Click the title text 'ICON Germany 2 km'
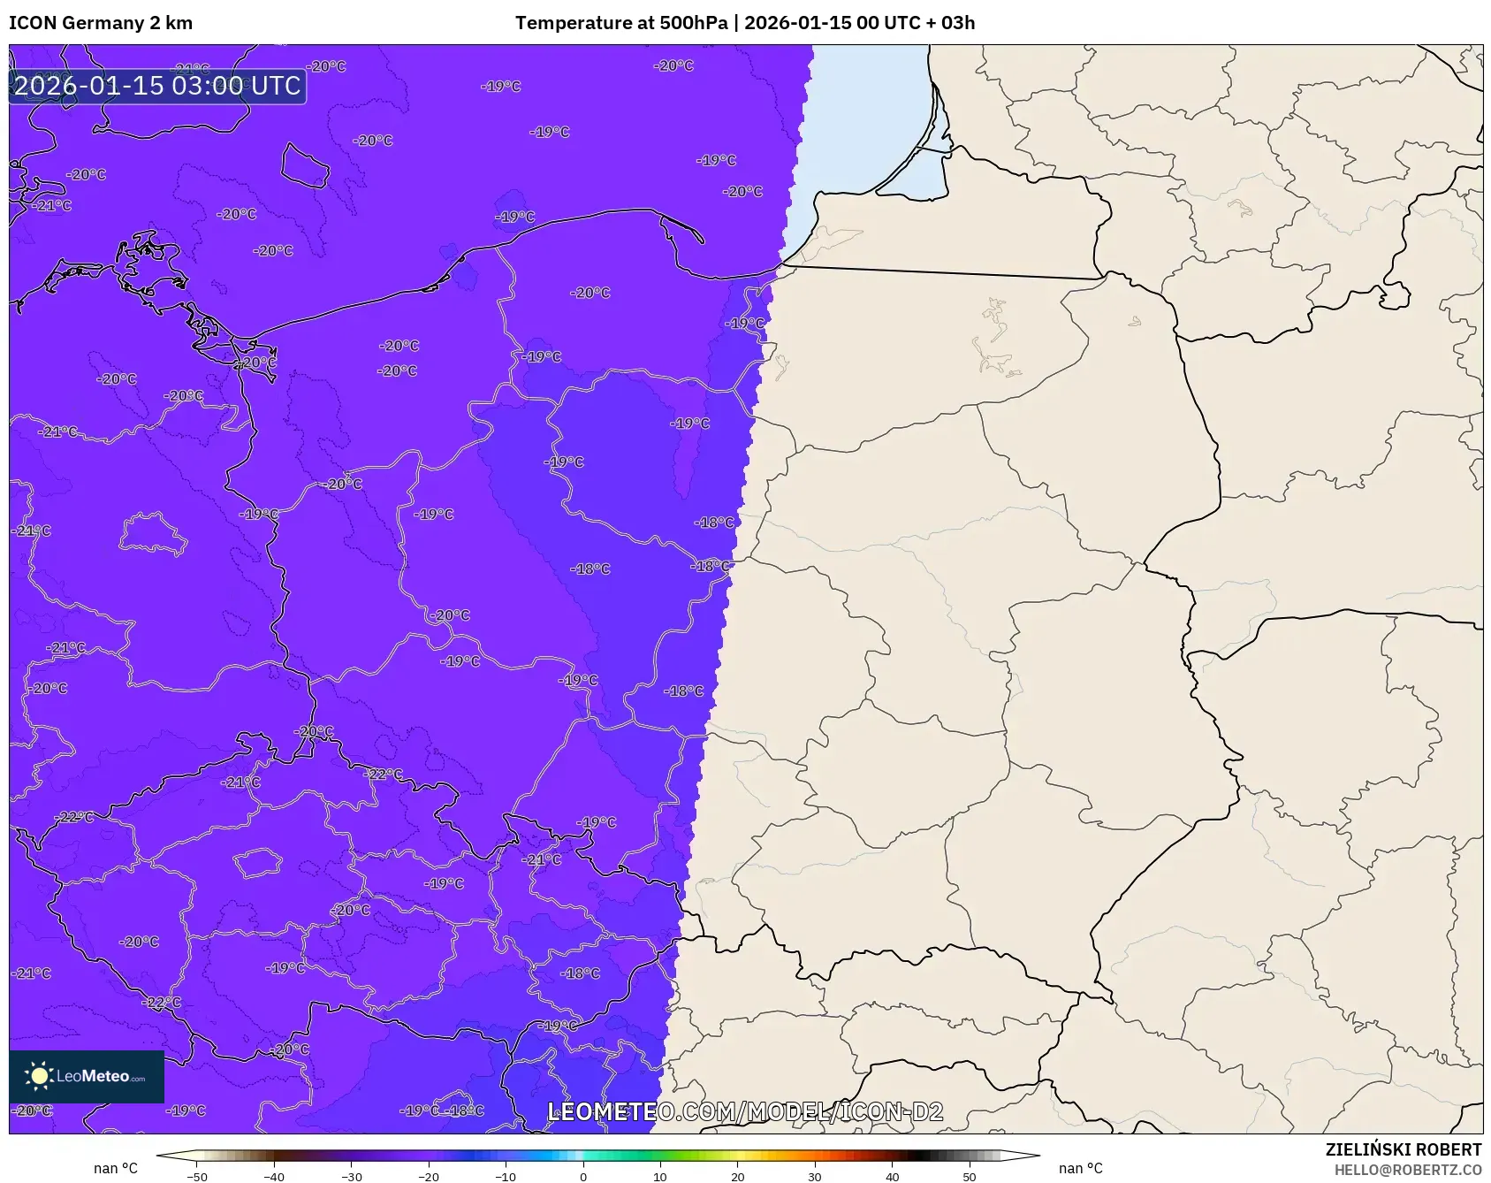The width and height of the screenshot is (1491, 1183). click(101, 23)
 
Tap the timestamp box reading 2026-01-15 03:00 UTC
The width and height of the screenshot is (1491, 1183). click(157, 86)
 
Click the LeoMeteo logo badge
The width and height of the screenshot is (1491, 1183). click(87, 1076)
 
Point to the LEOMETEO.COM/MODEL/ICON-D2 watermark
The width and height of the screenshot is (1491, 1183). click(745, 1111)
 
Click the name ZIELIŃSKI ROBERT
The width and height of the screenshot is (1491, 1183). click(1403, 1149)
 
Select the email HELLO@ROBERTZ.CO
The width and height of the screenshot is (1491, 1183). click(1407, 1170)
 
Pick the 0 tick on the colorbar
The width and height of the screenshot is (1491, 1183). click(583, 1176)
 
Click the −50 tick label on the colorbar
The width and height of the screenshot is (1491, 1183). click(197, 1176)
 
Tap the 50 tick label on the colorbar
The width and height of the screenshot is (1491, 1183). click(970, 1176)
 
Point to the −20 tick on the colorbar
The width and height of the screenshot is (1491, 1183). click(429, 1176)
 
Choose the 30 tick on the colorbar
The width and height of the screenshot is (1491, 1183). click(815, 1176)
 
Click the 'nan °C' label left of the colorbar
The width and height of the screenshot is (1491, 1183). click(116, 1168)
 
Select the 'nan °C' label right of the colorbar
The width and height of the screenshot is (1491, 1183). click(1080, 1168)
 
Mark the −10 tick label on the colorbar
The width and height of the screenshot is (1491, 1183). click(506, 1176)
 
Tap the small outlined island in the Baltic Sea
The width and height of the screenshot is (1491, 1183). click(305, 165)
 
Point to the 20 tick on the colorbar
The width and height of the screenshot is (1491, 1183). click(738, 1176)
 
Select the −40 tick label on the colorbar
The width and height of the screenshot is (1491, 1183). click(274, 1176)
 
